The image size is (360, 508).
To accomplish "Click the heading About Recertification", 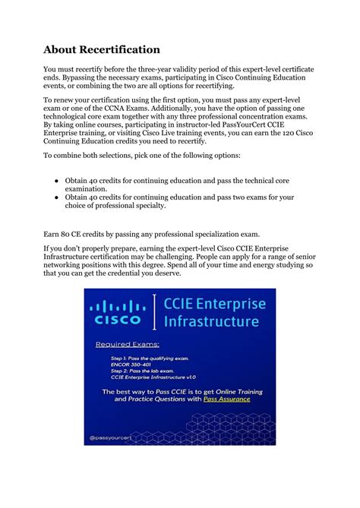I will click(101, 49).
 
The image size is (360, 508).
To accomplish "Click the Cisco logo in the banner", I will click(118, 312).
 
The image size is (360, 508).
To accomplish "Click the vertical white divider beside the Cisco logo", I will click(156, 313).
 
